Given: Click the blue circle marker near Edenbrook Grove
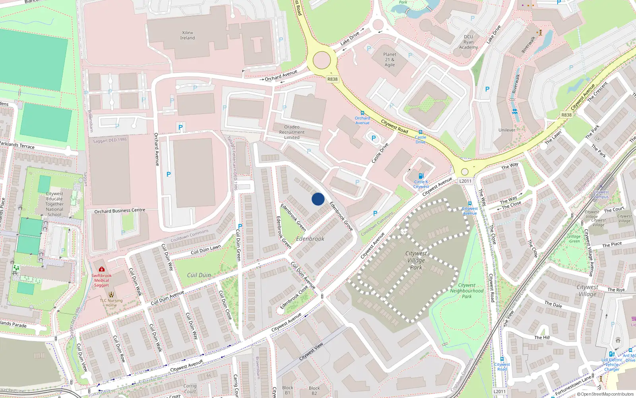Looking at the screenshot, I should [318, 199].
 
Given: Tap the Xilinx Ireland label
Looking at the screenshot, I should [188, 35].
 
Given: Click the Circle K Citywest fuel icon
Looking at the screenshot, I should [421, 176].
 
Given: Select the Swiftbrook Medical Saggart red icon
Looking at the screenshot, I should [102, 269].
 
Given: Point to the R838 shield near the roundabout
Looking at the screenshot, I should [332, 79].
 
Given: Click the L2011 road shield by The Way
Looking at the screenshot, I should [465, 181].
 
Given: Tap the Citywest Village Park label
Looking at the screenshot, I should [416, 260].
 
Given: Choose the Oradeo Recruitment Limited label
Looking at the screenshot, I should [292, 132].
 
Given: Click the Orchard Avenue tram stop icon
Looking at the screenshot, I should [362, 113].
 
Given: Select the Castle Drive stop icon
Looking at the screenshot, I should [420, 132].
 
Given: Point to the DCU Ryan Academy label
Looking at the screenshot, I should [469, 42].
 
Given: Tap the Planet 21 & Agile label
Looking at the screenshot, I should [390, 60].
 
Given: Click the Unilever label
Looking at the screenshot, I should [507, 130].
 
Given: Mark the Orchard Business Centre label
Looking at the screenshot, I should [120, 211].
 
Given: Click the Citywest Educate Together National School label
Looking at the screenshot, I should [54, 204].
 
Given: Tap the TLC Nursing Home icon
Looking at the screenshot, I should [111, 295].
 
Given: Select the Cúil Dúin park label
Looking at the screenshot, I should [199, 275].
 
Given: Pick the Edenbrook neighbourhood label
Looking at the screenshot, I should [310, 239].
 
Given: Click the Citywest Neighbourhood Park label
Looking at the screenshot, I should [467, 291].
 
